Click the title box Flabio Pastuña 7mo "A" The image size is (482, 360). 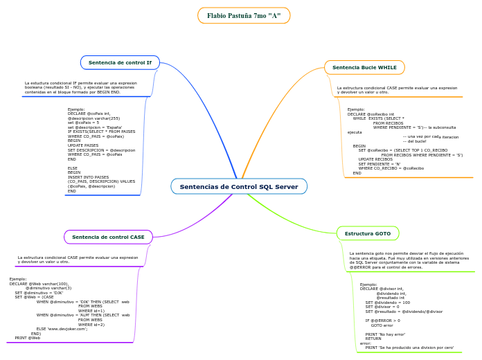click(x=244, y=15)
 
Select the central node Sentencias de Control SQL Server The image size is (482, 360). click(x=239, y=186)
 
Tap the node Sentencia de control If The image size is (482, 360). click(x=120, y=62)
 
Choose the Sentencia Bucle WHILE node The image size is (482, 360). click(x=364, y=67)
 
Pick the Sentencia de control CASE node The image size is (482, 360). click(x=108, y=237)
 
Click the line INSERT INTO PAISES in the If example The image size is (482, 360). click(x=88, y=177)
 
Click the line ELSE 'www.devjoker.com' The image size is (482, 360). click(x=62, y=328)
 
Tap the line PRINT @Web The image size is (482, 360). click(x=28, y=337)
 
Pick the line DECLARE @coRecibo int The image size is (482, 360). click(x=371, y=114)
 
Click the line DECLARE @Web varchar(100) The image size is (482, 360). click(x=39, y=284)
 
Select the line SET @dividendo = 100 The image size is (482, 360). click(x=388, y=302)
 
